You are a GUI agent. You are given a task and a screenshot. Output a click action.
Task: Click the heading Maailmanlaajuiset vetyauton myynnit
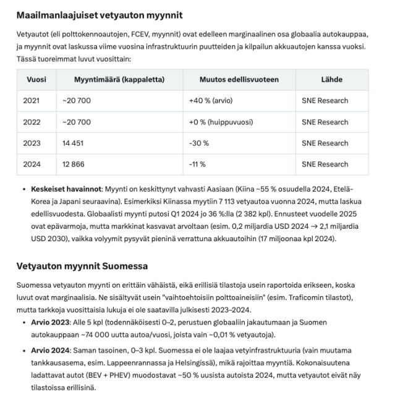[x=99, y=14]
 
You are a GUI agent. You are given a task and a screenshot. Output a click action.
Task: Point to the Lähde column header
[x=331, y=80]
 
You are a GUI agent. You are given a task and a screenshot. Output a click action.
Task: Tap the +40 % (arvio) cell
[x=211, y=101]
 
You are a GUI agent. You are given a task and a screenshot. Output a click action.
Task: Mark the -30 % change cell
[x=199, y=143]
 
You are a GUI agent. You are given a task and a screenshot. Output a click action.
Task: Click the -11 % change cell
[x=198, y=164]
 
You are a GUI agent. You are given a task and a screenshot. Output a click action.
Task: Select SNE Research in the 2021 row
[x=325, y=101]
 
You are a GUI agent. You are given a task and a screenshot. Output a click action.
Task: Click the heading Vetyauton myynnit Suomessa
[x=82, y=266]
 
